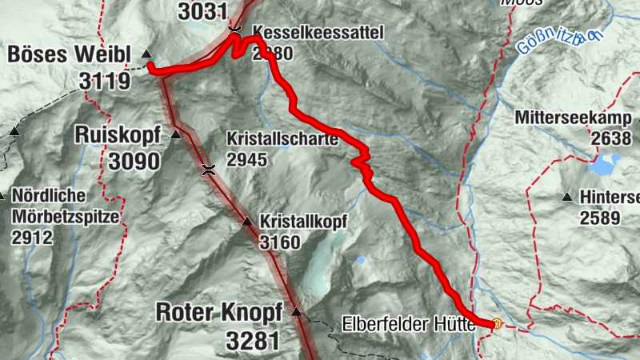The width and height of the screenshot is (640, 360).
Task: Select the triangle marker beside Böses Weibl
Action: click(x=146, y=54)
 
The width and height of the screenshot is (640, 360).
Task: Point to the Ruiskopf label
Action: click(x=118, y=134)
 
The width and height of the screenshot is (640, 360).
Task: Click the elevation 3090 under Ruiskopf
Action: click(x=134, y=161)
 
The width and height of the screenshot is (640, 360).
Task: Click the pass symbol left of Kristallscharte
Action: click(x=209, y=169)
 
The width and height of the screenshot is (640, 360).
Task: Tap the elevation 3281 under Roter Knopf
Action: click(x=253, y=341)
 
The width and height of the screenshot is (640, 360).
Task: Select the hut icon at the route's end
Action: click(x=497, y=325)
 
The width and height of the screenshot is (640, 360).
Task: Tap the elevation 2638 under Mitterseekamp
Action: click(x=612, y=138)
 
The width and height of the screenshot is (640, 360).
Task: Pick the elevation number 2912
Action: click(x=31, y=237)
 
